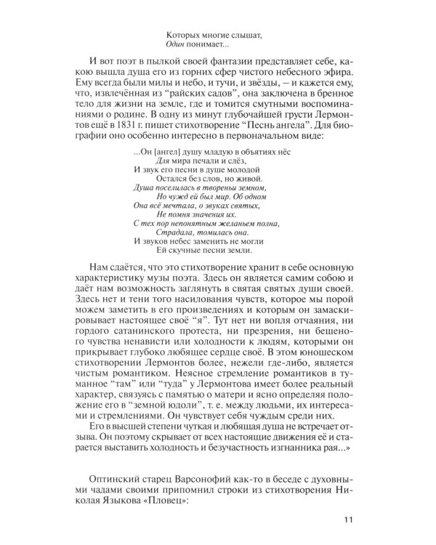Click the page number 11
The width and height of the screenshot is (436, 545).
click(347, 517)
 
